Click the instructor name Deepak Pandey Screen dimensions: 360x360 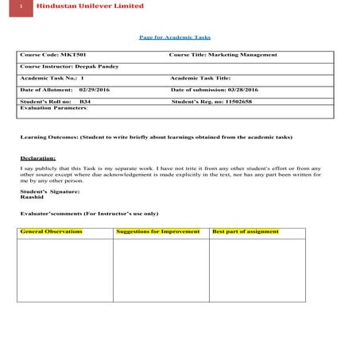click(x=101, y=66)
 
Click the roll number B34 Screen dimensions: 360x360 click(x=85, y=102)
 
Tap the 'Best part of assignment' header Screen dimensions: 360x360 click(x=246, y=231)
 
